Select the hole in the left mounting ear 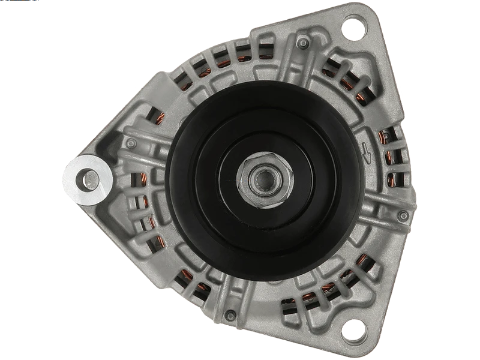pyautogui.click(x=89, y=178)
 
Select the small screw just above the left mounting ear pyautogui.click(x=131, y=143)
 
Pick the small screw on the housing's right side pyautogui.click(x=403, y=214)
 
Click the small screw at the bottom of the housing pyautogui.click(x=230, y=313)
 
